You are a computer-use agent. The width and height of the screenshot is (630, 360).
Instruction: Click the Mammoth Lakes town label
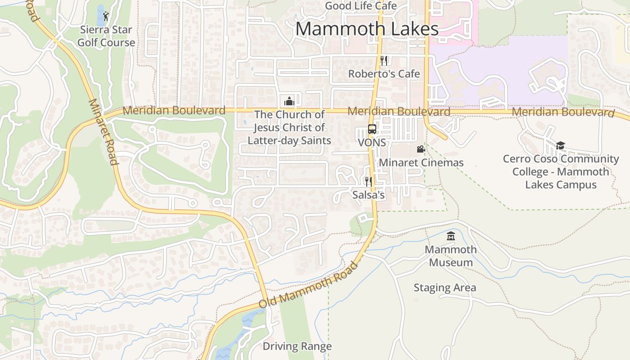367,29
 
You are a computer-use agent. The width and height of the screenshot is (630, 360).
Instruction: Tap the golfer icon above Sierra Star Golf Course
106,17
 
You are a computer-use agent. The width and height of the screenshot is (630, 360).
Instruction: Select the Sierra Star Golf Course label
106,36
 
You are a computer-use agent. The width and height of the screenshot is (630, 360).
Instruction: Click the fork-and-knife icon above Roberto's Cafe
384,61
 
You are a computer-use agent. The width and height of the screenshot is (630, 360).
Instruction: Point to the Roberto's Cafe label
384,74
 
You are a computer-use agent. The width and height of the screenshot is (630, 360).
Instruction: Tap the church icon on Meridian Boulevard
289,101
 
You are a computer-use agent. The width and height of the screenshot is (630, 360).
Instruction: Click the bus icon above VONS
372,129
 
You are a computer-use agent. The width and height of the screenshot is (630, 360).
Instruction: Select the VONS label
372,143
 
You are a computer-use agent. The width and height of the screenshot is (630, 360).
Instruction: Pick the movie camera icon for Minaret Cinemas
421,149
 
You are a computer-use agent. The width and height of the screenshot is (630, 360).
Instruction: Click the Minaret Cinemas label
421,162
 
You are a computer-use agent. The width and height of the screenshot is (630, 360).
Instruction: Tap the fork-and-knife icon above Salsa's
369,181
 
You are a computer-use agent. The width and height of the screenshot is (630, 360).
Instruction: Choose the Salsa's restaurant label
369,195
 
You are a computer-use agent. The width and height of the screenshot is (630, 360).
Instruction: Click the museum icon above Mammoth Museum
451,236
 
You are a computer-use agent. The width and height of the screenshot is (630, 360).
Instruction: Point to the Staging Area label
445,288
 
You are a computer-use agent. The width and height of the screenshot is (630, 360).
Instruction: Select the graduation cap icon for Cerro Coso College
560,145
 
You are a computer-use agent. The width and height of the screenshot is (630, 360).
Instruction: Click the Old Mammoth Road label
309,285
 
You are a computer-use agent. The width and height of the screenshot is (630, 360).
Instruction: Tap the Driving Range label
297,346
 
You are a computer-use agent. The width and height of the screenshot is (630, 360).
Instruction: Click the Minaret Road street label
103,131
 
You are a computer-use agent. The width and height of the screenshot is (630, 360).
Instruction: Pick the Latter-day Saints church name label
289,127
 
